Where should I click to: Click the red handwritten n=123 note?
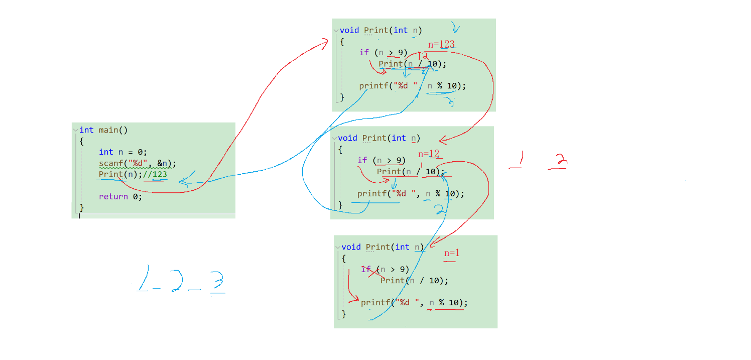(441, 45)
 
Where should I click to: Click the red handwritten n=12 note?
(429, 154)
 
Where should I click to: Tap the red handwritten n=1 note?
(451, 254)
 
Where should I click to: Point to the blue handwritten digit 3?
(217, 283)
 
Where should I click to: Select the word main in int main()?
(108, 130)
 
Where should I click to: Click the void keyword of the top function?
(349, 30)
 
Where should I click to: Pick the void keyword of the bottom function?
(351, 247)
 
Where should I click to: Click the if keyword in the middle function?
(362, 161)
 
